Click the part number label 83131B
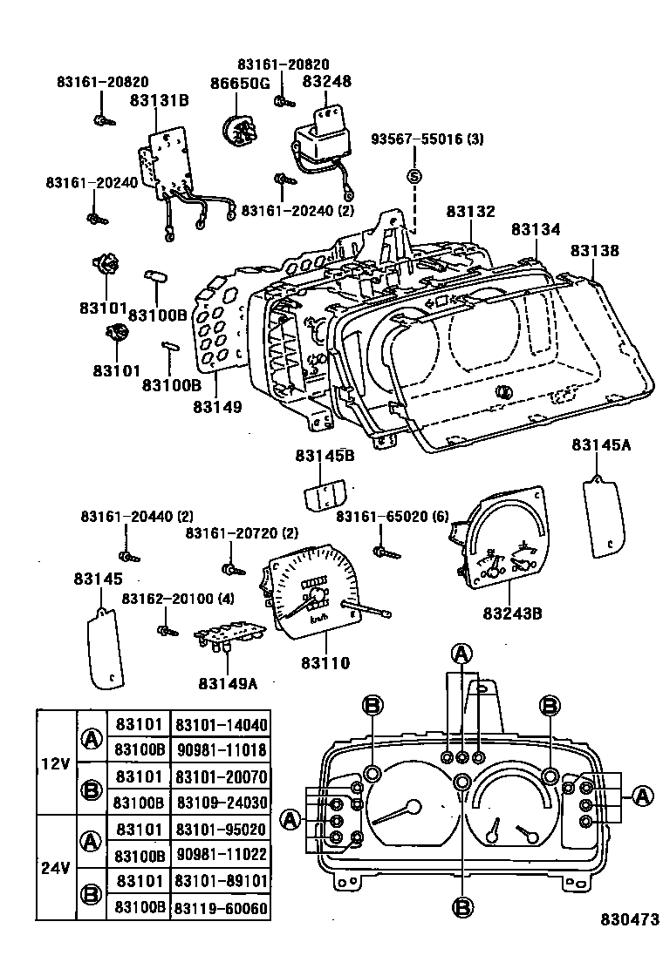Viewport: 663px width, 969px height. point(159,101)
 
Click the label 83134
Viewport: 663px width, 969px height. point(535,229)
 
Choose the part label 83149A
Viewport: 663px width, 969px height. point(227,683)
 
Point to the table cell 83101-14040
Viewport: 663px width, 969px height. point(221,725)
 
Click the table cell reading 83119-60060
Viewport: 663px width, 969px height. point(221,908)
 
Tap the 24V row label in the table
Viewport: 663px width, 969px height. point(56,868)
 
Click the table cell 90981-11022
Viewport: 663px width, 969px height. point(221,856)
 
